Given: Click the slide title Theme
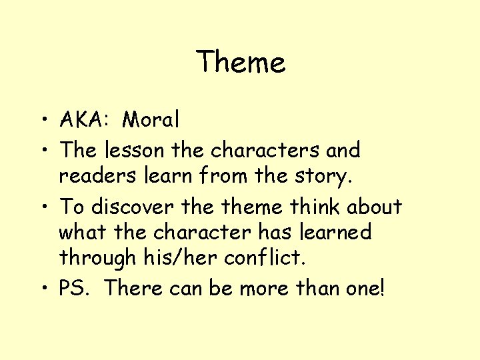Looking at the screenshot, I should (241, 62).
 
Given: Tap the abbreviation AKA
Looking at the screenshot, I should (80, 120).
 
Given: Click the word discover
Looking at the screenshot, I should (123, 207).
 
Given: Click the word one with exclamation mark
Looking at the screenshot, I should (364, 288).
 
